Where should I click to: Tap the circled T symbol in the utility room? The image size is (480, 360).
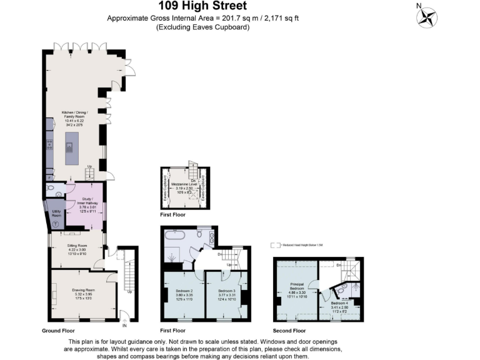coord(56,224)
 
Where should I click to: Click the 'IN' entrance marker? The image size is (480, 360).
coord(124,326)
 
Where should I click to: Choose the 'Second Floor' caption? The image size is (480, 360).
coord(289,330)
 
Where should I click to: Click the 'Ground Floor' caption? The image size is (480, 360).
coord(59,330)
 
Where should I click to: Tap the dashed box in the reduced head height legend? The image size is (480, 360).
coord(273,246)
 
